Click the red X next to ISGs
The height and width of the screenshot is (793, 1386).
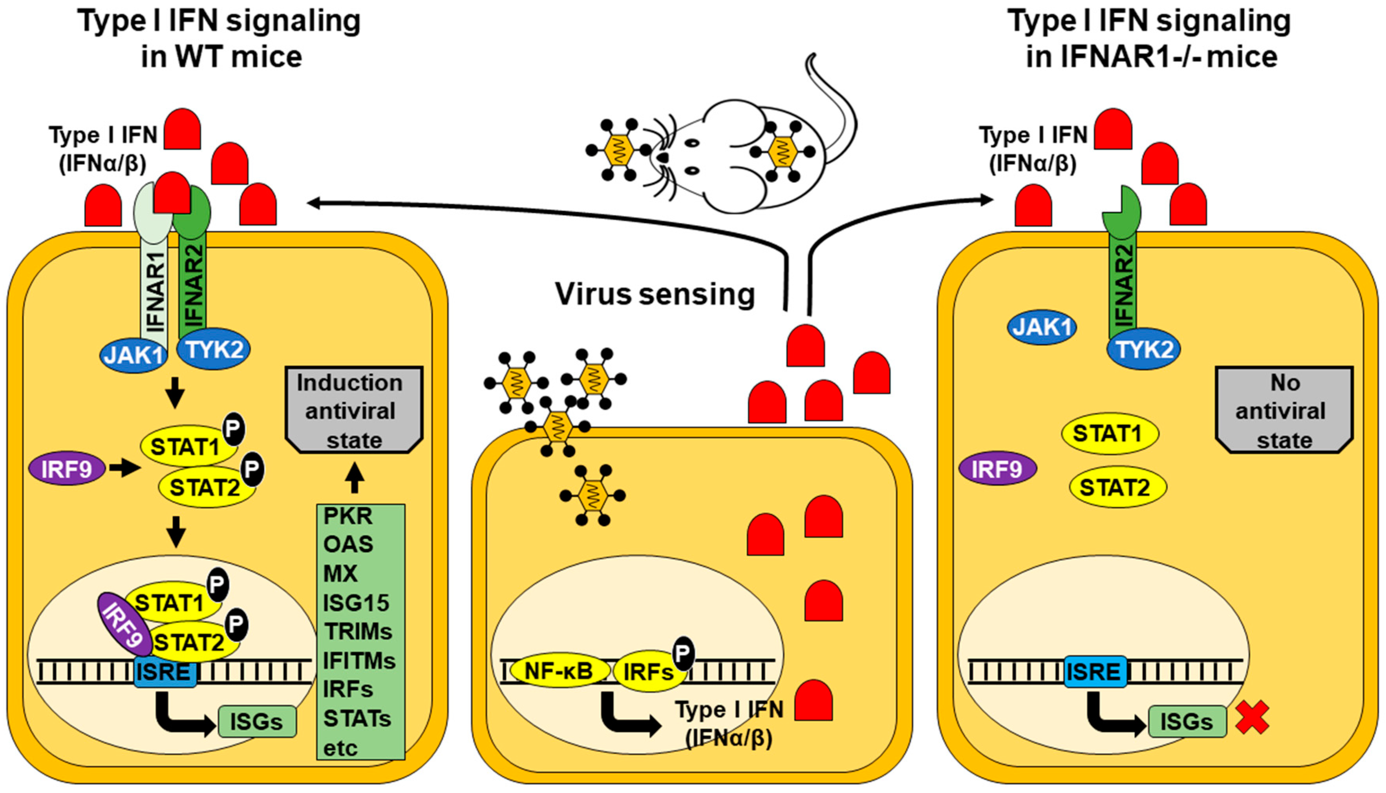(1252, 718)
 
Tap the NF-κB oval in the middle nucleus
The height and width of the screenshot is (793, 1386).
(559, 671)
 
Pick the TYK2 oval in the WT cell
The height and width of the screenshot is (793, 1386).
(214, 349)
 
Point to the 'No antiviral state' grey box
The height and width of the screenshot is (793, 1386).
(1285, 410)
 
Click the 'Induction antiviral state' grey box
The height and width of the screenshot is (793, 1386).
(354, 410)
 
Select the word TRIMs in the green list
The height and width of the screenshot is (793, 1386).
(358, 632)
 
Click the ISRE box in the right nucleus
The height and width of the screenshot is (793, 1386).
(1095, 671)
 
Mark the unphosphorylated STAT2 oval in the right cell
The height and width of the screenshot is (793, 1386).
(1117, 487)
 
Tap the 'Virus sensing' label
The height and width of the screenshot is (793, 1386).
(655, 294)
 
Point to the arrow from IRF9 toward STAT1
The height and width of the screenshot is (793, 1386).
(124, 467)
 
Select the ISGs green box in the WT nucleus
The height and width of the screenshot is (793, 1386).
(257, 722)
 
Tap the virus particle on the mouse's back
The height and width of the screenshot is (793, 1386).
(783, 151)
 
